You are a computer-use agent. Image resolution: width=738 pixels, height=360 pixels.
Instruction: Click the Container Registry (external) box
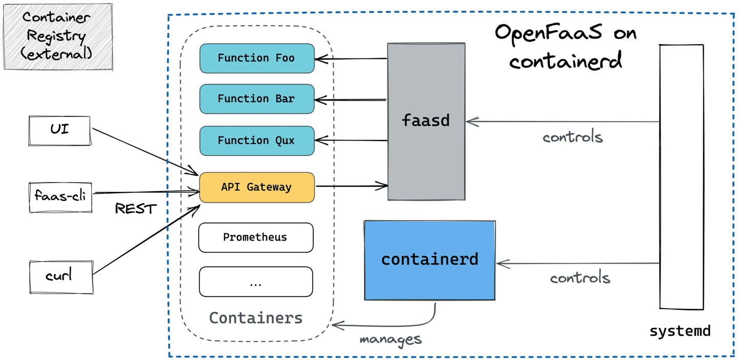pos(57,36)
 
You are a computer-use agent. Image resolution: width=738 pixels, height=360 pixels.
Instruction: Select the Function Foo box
pos(256,58)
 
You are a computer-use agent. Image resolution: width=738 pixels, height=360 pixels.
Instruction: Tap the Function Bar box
pos(256,98)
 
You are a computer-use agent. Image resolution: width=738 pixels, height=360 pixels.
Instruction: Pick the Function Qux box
pos(256,141)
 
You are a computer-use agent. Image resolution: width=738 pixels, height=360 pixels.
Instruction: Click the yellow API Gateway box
pos(256,187)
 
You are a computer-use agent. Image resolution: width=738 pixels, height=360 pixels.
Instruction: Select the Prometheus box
pos(255,237)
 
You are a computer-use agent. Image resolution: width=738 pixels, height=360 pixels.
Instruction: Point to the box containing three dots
pos(255,282)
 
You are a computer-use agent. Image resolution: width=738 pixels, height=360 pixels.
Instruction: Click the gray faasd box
pos(426,121)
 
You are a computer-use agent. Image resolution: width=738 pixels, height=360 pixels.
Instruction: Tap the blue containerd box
pos(429,259)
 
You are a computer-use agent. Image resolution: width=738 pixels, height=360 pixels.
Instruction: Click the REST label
pos(135,209)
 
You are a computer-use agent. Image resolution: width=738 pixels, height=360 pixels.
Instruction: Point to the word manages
pos(390,339)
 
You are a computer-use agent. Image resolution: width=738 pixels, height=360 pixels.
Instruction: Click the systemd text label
pos(680,331)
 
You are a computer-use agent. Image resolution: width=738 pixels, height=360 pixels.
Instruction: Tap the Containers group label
pos(256,318)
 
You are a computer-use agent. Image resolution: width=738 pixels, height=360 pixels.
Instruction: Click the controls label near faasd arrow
pos(572,137)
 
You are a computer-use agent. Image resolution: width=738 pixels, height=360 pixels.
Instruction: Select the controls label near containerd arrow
pos(580,278)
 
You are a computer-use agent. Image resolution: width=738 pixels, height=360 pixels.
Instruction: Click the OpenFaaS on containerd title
pos(565,47)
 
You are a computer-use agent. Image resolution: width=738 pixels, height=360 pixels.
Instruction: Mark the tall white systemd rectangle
pos(681,177)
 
